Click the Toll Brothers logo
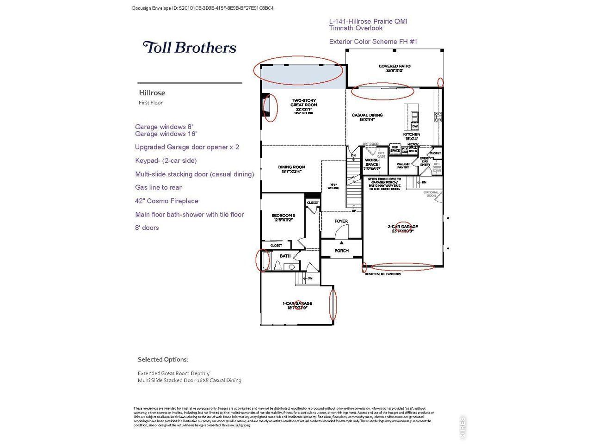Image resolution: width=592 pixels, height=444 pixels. pos(190,47)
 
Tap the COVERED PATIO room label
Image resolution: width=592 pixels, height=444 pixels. pos(394,68)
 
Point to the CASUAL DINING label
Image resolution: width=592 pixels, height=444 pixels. pos(367,117)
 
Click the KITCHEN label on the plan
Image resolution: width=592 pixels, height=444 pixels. pos(411,136)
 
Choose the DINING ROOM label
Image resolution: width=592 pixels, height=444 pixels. pos(291,169)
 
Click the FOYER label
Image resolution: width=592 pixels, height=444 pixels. pos(341,222)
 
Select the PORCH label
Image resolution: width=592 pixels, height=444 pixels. pos(341,251)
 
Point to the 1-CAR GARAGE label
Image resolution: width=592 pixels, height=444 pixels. pos(297,305)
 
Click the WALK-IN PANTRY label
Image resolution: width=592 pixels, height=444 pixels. pos(403,165)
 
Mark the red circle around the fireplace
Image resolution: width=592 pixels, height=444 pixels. pos(270,108)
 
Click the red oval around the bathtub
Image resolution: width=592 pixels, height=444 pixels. pos(263,260)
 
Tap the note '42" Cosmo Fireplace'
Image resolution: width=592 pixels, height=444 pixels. pos(166,201)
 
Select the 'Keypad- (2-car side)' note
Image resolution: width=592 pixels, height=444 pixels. pos(166,160)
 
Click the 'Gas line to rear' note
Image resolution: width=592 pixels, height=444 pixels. pos(158,187)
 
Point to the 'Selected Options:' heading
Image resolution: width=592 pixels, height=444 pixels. pos(163,359)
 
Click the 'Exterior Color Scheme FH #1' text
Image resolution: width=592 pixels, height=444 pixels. pos(373,42)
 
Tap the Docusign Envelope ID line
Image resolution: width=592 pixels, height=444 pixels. pos(203,8)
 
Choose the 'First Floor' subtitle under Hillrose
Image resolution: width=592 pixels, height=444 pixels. pos(151,103)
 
